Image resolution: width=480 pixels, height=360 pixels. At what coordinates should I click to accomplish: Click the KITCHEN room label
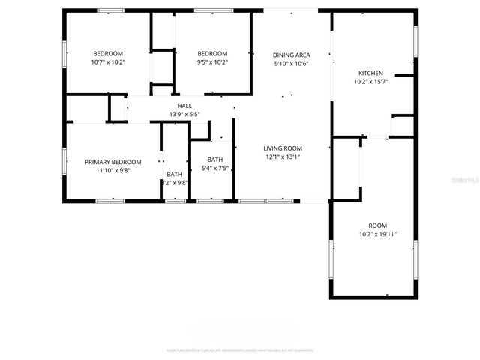click(x=370, y=73)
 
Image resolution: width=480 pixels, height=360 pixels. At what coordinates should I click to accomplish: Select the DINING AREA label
click(x=291, y=55)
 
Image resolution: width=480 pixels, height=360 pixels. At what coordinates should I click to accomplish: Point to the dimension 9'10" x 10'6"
click(x=291, y=63)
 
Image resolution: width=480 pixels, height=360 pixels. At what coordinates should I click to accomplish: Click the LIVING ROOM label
click(x=282, y=148)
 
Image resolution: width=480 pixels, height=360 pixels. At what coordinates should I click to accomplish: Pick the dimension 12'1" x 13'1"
click(x=282, y=157)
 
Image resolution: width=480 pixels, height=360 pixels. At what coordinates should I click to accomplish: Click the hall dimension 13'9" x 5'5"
click(x=184, y=115)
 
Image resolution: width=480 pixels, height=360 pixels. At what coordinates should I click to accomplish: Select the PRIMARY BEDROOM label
click(x=112, y=162)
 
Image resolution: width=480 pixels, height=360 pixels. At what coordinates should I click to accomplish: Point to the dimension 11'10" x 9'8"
click(x=112, y=170)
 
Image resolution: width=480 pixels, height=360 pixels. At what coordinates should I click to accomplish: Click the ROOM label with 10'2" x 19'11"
click(x=377, y=226)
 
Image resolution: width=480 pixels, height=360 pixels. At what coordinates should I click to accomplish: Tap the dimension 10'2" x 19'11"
click(x=377, y=234)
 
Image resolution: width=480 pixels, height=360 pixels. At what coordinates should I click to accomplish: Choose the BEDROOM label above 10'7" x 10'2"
click(x=108, y=53)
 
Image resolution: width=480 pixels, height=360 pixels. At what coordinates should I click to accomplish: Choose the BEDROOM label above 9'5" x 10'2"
click(x=212, y=53)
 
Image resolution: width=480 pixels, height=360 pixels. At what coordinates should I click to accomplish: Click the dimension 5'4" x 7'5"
click(x=215, y=168)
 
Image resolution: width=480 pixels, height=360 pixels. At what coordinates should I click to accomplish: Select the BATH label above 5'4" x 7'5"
click(x=215, y=160)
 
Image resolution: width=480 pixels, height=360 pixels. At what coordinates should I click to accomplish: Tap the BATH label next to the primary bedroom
click(x=174, y=174)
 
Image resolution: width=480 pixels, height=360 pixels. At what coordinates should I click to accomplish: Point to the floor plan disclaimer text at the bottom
click(x=240, y=350)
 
